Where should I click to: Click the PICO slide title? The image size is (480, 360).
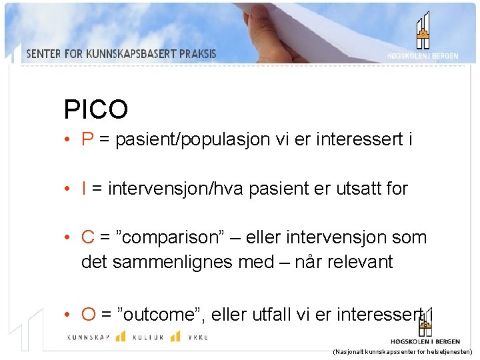pos(95,109)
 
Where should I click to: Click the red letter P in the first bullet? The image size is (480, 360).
pos(87,139)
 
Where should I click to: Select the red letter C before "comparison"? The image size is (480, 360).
pos(88,237)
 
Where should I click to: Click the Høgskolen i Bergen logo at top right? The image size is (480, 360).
pos(423,37)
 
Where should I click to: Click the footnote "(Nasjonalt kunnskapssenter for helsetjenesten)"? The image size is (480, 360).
pos(402,351)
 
